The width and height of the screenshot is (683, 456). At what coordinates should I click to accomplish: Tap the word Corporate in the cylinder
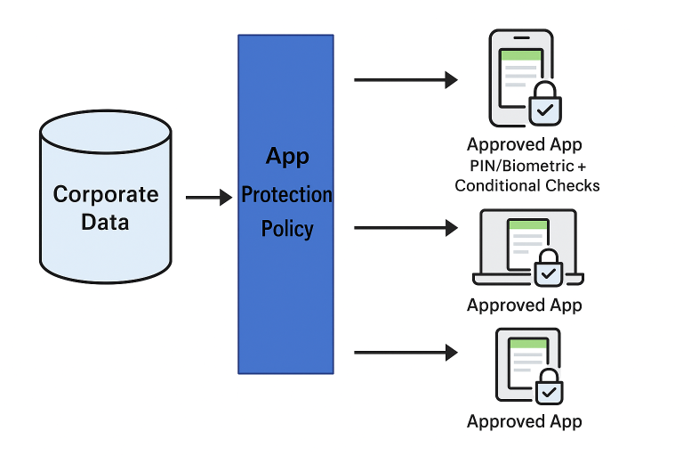pos(105,194)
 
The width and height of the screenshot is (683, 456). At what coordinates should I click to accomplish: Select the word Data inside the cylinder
pos(105,222)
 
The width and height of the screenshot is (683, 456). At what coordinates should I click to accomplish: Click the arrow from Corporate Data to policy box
pos(208,197)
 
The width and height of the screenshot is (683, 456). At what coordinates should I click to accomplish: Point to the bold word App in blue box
pos(287,157)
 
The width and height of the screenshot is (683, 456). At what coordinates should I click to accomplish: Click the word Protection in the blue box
pos(286,194)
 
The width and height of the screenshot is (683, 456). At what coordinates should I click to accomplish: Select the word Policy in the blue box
pos(286,229)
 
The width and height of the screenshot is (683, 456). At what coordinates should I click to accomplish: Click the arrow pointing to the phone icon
pos(405,80)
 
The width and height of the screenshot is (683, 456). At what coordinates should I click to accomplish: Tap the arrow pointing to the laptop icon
pos(405,228)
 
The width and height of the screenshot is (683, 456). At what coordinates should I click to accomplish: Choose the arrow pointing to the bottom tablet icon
pos(405,353)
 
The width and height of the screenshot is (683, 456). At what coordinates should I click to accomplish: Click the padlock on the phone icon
pos(545,108)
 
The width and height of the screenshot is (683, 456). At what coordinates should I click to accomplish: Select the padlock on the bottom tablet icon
pos(549,389)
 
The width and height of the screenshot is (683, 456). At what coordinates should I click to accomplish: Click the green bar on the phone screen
pos(521,55)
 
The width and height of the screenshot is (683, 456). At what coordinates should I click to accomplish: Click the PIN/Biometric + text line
pos(528,167)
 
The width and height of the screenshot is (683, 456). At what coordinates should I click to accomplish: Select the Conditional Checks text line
pos(527,185)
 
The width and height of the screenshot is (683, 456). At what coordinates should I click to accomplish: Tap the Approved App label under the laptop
pos(525,305)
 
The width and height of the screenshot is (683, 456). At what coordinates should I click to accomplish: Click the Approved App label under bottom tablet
pos(525,422)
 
